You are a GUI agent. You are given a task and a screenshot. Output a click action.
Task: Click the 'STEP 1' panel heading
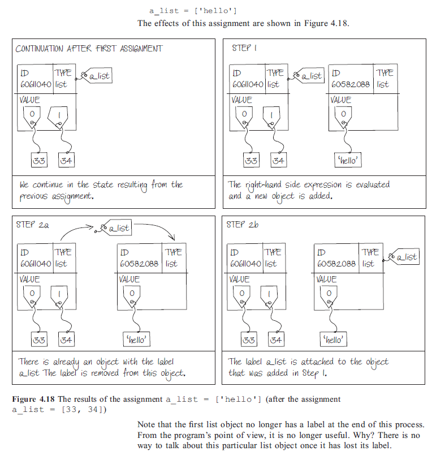click(244, 48)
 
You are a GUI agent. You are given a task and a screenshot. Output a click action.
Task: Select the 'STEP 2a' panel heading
click(33, 225)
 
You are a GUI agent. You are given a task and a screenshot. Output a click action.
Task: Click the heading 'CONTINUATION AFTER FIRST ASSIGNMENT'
click(89, 49)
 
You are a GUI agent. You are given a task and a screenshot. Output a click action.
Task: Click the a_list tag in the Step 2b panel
click(404, 257)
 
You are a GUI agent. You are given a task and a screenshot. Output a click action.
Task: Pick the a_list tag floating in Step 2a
click(115, 228)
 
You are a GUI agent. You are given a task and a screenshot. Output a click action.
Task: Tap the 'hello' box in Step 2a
click(136, 340)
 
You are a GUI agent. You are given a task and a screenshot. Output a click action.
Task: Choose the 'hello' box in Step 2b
click(334, 340)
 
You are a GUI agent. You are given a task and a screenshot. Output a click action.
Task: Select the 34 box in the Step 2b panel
click(277, 340)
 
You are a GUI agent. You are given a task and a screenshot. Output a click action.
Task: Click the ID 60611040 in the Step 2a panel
click(35, 263)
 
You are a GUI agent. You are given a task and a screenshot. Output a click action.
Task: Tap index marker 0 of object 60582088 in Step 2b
click(328, 294)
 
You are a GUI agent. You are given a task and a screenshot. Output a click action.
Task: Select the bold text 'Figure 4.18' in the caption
click(32, 399)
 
